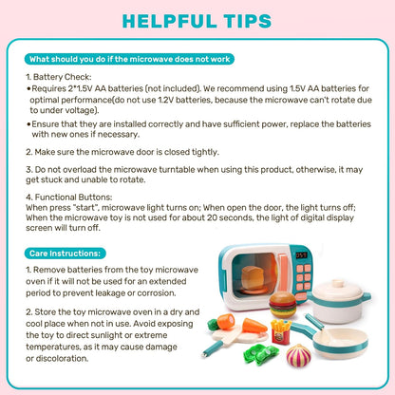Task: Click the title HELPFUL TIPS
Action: [x=197, y=21]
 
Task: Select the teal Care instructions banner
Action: [x=66, y=254]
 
